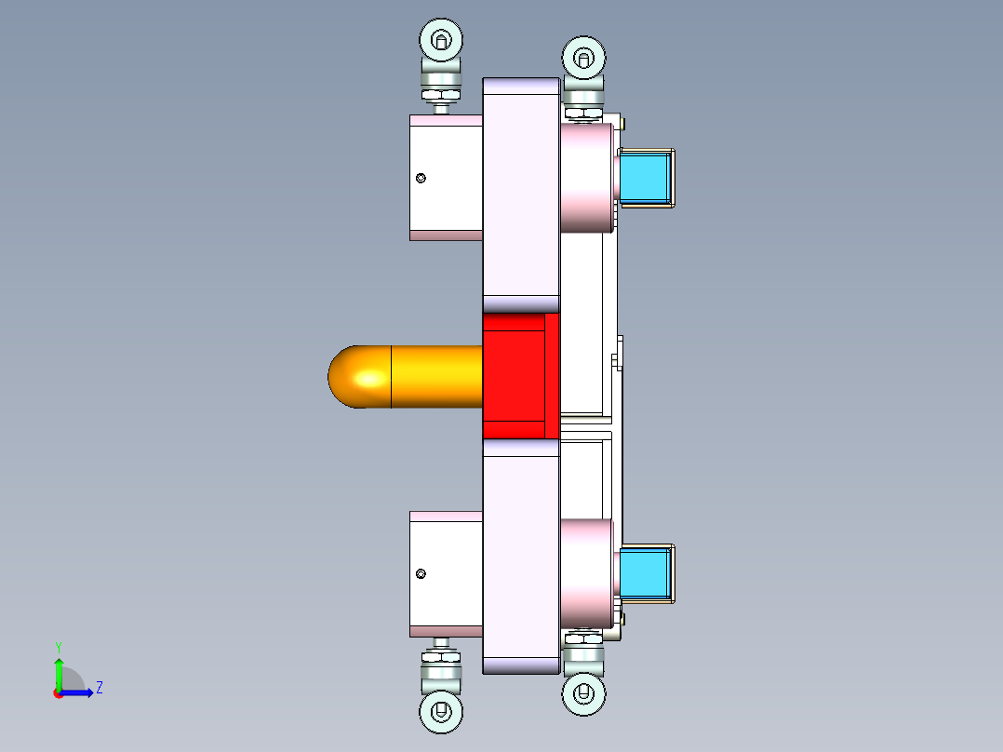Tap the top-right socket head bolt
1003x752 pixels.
[584, 59]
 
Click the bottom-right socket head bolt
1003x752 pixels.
[584, 693]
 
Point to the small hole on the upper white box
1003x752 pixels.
[421, 178]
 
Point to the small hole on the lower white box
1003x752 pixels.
[421, 574]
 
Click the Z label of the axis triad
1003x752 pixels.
[99, 688]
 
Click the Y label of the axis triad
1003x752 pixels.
[58, 646]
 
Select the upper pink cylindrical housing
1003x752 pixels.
[586, 178]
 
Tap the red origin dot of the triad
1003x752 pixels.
[58, 693]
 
